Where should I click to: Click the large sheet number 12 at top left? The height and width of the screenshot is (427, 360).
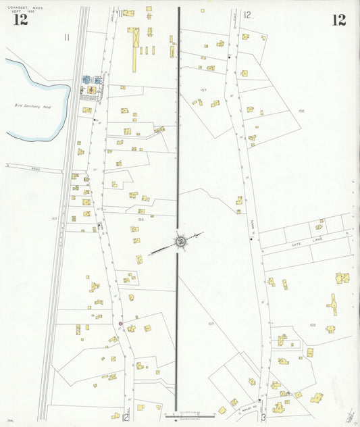pos(20,19)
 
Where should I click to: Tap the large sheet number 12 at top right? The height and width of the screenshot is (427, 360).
pos(338,20)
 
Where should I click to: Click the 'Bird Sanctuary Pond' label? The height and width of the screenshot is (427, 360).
pos(33,106)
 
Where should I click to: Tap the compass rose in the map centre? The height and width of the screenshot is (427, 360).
pos(180,241)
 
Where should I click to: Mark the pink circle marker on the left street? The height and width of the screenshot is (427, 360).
pos(120,324)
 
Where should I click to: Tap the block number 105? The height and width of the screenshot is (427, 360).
pos(313,325)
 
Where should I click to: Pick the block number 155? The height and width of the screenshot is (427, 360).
pos(141,220)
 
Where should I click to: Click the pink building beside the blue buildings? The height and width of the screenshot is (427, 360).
pos(90,90)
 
